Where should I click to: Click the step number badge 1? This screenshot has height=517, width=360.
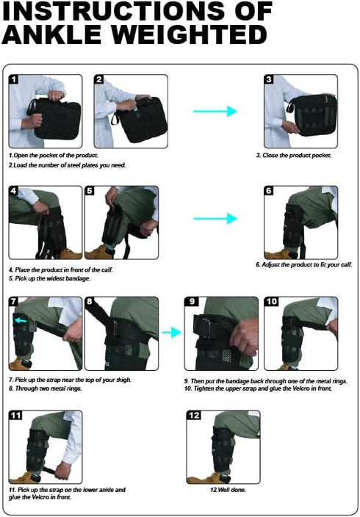click(13, 79)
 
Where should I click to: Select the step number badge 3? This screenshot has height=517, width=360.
click(269, 79)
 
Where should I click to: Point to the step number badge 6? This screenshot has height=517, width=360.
click(269, 191)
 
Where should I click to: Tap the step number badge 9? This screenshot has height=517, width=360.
click(192, 302)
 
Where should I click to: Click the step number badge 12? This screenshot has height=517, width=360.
click(194, 416)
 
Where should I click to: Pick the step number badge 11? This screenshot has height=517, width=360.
click(16, 416)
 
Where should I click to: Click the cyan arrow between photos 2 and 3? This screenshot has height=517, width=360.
click(215, 112)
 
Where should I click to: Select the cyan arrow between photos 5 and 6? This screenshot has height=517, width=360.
click(215, 218)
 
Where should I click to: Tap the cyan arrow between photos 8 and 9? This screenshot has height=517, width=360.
click(171, 333)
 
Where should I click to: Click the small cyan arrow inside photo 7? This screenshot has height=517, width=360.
click(21, 319)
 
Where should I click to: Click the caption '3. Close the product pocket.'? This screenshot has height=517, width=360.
click(294, 155)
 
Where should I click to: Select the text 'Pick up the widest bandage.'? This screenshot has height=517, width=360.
click(52, 278)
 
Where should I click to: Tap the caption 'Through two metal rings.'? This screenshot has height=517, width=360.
click(48, 388)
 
